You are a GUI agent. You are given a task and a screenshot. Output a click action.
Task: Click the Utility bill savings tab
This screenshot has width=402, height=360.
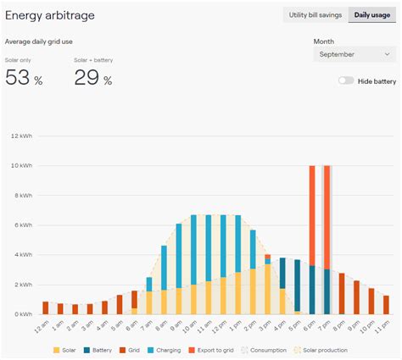coord(315,15)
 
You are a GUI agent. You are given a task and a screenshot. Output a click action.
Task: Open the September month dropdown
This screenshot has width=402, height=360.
coord(355,54)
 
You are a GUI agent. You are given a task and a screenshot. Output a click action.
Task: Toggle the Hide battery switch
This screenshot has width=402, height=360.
coord(345,81)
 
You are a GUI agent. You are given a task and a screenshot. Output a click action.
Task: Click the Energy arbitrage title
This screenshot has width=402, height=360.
coord(50,15)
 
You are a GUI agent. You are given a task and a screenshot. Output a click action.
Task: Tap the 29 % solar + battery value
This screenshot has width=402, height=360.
coord(92,78)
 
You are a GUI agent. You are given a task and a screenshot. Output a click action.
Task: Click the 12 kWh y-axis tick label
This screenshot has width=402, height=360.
coord(20,136)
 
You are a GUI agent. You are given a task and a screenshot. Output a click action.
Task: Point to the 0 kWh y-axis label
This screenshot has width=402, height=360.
coord(22,314)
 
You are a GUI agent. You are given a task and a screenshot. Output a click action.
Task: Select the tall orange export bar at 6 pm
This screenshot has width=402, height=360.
coord(312,215)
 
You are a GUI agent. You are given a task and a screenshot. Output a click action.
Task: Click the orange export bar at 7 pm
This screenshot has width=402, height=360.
coord(327,217)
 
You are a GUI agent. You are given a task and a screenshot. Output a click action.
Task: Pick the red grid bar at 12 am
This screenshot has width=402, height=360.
coord(45,307)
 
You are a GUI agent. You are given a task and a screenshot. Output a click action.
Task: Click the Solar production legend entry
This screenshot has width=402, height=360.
coord(321,350)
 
